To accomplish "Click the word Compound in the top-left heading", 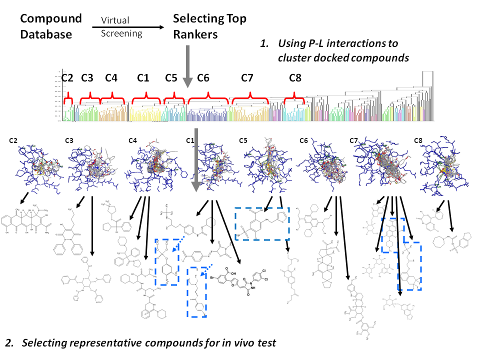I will tap(50, 19).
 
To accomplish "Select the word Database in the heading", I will tap(46, 34).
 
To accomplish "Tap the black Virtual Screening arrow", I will tap(128, 27).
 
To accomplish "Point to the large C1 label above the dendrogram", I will tap(143, 78).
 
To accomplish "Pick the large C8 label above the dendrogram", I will tap(295, 78).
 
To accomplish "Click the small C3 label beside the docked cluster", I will tap(69, 140).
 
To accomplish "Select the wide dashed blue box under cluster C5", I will tap(262, 224).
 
